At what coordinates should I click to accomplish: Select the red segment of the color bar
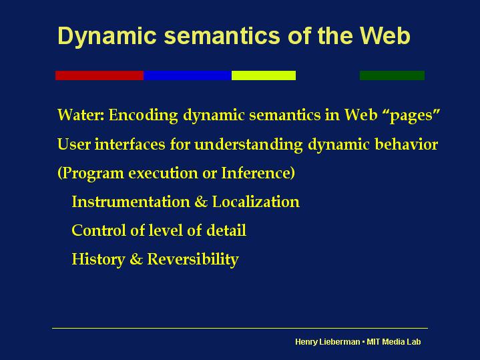tap(99, 75)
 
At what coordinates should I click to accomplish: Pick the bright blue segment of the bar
tap(188, 75)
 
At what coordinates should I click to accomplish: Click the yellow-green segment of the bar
tap(264, 75)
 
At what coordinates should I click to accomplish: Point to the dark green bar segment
tap(392, 75)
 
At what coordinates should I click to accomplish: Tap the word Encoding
tap(144, 116)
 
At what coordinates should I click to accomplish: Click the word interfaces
tap(130, 144)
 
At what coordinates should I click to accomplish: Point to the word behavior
tap(407, 144)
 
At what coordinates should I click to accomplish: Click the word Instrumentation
tap(131, 202)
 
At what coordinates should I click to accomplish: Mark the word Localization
tap(256, 202)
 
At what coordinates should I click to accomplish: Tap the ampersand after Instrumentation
tap(201, 202)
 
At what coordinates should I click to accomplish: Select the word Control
tap(99, 230)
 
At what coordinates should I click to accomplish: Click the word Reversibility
tap(193, 260)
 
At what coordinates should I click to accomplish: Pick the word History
tap(98, 260)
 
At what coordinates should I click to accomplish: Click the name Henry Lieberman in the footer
tap(328, 342)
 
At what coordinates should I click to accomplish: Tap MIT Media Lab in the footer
tap(394, 341)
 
